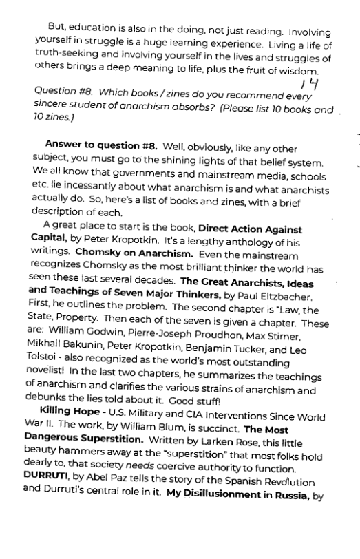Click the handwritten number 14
pos(310,85)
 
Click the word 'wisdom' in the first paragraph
pos(302,71)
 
